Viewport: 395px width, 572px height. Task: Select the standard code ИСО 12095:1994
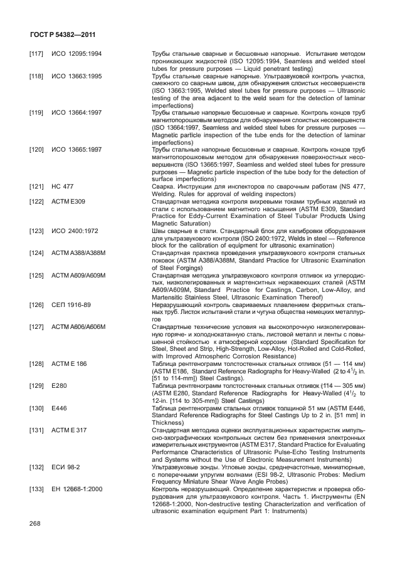point(76,55)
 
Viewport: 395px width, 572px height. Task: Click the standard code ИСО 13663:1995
point(76,76)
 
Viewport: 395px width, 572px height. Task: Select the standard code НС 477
point(62,186)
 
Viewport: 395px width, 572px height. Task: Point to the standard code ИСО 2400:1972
point(75,230)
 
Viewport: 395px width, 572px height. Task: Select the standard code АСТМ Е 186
point(69,363)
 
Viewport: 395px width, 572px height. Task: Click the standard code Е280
point(58,385)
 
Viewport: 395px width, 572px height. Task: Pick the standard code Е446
point(58,408)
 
